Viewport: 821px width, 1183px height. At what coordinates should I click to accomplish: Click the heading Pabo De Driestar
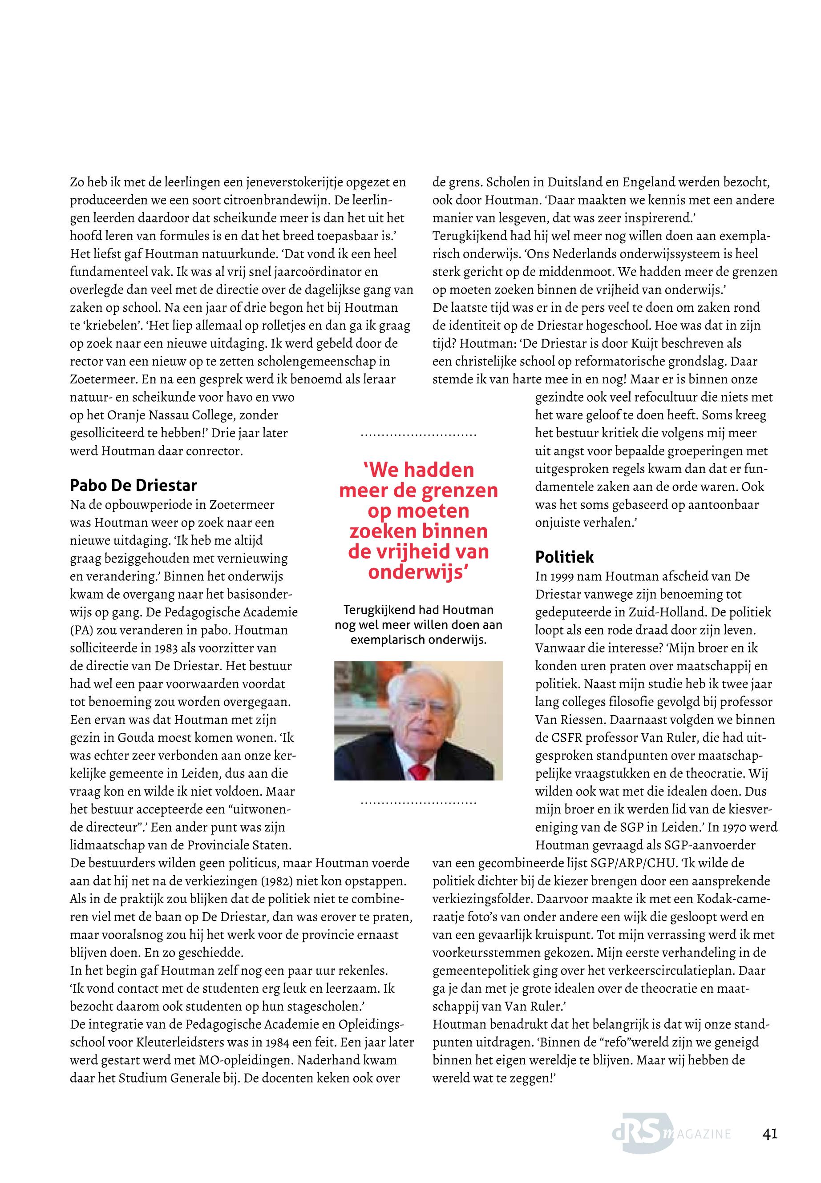tap(133, 485)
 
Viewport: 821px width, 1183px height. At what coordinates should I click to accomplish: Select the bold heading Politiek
tap(564, 557)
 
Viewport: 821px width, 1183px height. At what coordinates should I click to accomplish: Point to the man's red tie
tap(420, 771)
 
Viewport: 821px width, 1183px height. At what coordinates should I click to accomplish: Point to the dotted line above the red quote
tap(419, 436)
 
